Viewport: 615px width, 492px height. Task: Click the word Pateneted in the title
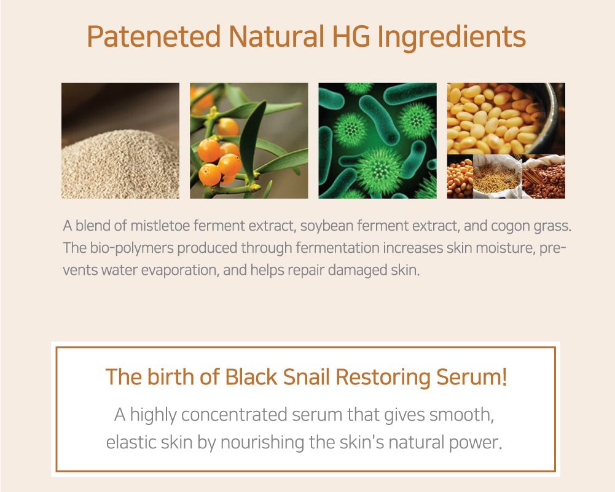[x=154, y=36]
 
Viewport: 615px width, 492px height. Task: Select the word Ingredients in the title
[x=452, y=38]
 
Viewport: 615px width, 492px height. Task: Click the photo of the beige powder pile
[x=120, y=141]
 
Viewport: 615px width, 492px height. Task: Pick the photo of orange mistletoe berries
[x=249, y=141]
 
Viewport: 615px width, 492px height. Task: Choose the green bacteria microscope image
[x=377, y=141]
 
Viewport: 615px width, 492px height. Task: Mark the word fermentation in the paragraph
[x=337, y=248]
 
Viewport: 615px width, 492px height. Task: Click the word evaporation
[x=179, y=271]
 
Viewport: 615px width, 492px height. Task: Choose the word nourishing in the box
[x=262, y=443]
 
